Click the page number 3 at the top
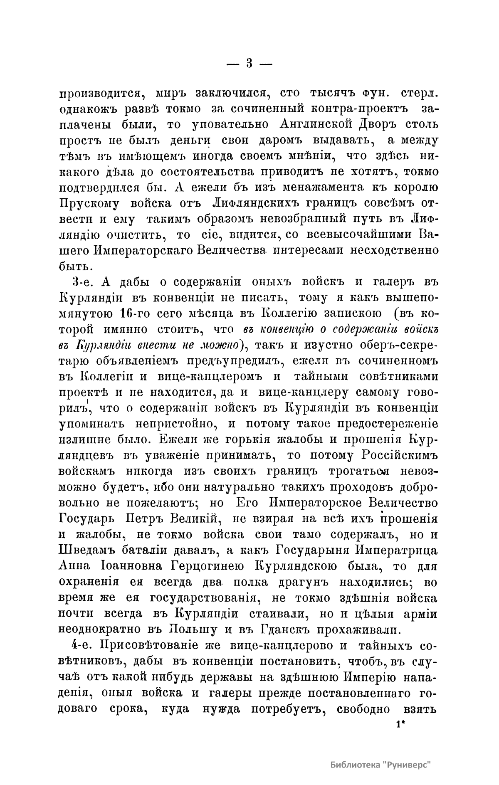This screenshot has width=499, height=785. pos(249,64)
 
